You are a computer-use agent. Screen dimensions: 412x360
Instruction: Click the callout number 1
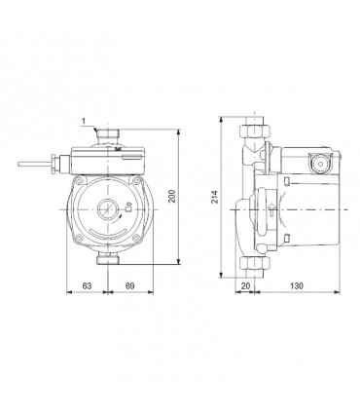[85, 121]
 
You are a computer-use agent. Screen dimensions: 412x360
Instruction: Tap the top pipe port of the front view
[109, 131]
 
